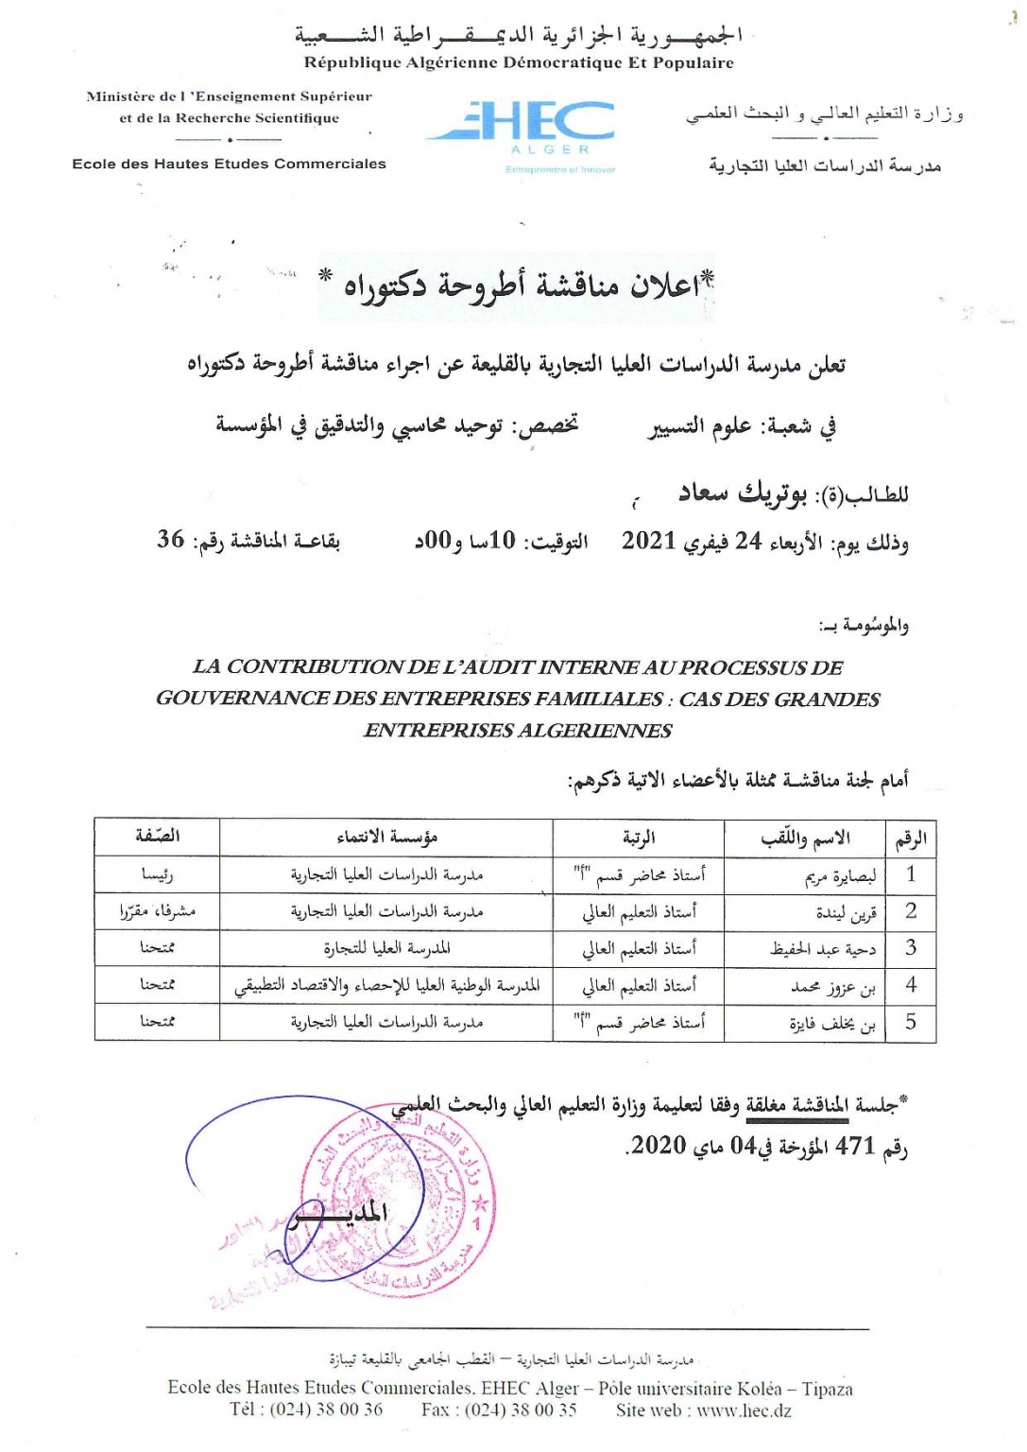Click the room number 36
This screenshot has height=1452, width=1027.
(x=171, y=539)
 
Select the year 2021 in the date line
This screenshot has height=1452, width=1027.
(x=648, y=541)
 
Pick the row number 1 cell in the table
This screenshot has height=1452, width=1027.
(x=910, y=874)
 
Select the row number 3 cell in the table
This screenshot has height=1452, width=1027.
(x=910, y=948)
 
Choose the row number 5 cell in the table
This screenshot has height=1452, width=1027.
(x=910, y=1022)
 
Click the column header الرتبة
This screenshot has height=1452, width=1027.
(x=639, y=838)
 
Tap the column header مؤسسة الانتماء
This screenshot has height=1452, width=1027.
(x=386, y=838)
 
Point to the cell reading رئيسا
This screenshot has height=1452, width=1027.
(x=157, y=875)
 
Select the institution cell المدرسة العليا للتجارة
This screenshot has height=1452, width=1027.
(x=386, y=948)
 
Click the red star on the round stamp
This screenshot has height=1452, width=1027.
(x=479, y=1204)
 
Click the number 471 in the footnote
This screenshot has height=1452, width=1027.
(x=855, y=1146)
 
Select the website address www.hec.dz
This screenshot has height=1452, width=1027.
(x=744, y=1410)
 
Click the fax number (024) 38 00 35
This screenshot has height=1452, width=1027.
(x=521, y=1410)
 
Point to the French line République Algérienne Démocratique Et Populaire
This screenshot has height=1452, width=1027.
(x=519, y=63)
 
